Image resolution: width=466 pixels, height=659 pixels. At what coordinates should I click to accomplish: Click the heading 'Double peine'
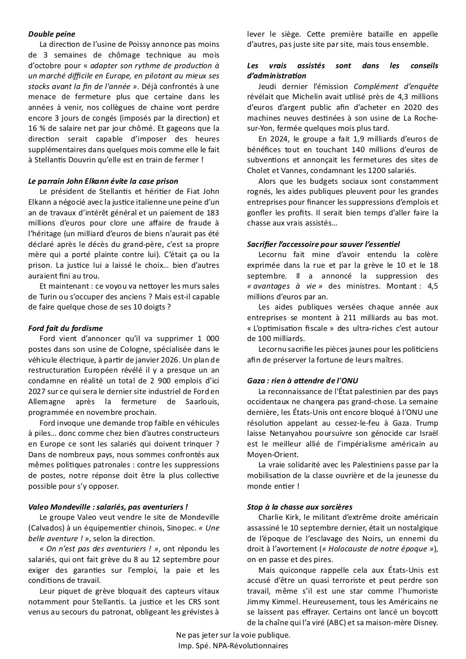[51, 34]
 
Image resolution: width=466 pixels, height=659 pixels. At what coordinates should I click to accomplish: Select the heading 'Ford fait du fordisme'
[65, 328]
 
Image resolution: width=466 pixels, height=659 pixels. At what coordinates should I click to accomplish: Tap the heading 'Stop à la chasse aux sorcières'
[300, 507]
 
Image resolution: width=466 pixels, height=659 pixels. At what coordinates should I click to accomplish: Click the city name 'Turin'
[38, 296]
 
